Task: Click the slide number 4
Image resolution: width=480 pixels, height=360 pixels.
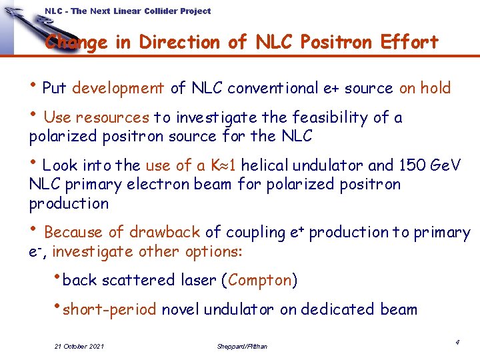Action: pos(458,342)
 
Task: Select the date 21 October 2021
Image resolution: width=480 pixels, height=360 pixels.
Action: pos(79,346)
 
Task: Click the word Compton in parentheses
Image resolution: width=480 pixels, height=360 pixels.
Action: pos(260,281)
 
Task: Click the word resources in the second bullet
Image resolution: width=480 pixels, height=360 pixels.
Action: pos(113,118)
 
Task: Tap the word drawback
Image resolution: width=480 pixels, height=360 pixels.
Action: pos(165,233)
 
